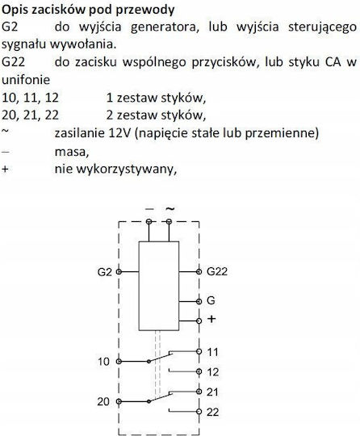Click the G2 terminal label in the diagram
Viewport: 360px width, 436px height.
(x=104, y=272)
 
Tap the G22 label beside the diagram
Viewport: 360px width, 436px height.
(x=217, y=271)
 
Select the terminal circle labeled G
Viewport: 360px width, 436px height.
(x=199, y=301)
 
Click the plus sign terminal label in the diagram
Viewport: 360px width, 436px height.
(x=211, y=319)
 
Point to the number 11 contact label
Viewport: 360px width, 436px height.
(x=212, y=352)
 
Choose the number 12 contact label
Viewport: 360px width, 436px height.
(x=212, y=372)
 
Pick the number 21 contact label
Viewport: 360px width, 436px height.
(x=212, y=392)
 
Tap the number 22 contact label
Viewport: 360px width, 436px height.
(x=212, y=412)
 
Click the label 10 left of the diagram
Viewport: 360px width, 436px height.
(x=103, y=362)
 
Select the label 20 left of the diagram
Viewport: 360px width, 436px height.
(x=103, y=402)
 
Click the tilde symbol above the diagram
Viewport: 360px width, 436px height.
(x=170, y=208)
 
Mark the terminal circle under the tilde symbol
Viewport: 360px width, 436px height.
(x=169, y=221)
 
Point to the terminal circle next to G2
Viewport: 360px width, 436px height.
(x=119, y=271)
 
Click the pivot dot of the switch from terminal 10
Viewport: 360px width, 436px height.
(x=149, y=362)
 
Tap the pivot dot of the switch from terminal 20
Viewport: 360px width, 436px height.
(x=149, y=401)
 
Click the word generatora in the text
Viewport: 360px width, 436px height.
(x=165, y=27)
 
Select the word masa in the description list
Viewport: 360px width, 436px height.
(x=72, y=152)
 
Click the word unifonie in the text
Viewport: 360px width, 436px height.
(x=26, y=80)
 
